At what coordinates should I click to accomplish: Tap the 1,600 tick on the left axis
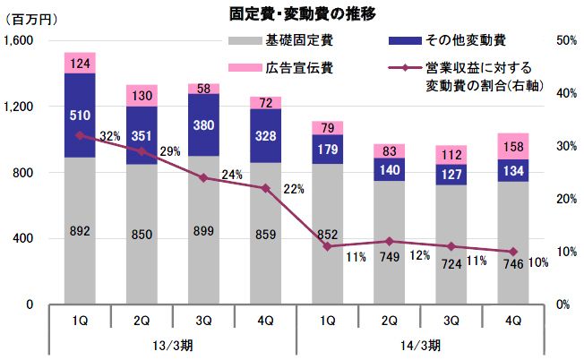pos(19,41)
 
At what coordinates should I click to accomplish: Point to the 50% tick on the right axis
pos(565,41)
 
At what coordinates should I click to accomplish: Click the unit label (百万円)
pos(30,21)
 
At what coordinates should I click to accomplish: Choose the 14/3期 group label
pos(421,345)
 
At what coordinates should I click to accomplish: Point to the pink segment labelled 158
pos(513,146)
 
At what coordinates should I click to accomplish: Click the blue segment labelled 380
pos(204,124)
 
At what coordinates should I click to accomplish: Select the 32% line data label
pos(110,136)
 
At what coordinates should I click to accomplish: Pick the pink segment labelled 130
pos(142,96)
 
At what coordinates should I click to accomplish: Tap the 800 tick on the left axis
pos(23,173)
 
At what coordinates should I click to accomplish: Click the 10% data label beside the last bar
pos(538,261)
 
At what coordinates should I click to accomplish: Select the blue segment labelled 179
pos(328,149)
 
